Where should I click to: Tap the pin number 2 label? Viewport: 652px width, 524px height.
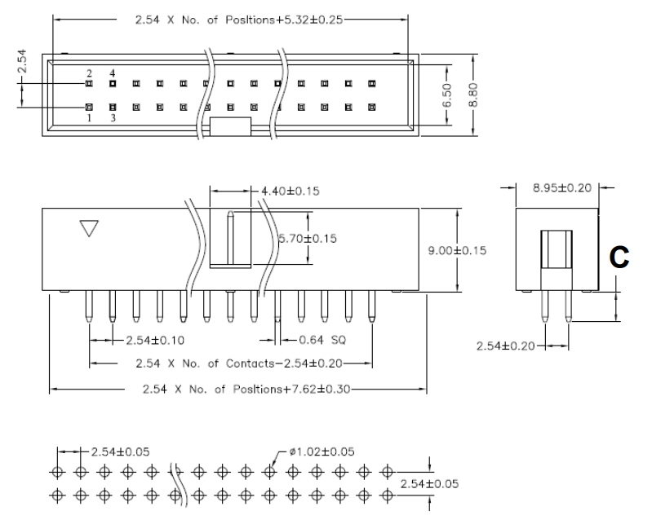point(89,73)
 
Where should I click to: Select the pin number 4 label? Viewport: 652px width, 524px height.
point(113,73)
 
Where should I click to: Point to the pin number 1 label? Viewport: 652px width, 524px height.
point(89,117)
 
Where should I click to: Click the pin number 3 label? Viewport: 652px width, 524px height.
point(113,117)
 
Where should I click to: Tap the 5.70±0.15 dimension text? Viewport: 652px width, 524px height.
point(308,238)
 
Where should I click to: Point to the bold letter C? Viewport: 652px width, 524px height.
point(619,258)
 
